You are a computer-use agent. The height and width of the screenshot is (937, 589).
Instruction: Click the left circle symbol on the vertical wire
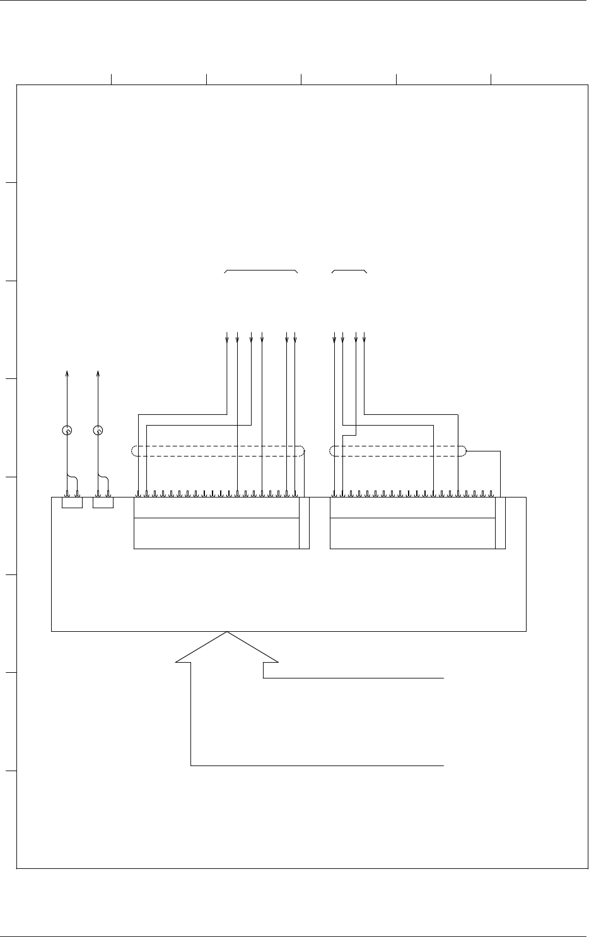(67, 431)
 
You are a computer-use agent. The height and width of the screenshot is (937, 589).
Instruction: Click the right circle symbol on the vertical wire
(98, 431)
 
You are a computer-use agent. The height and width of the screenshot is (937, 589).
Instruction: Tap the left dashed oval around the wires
(218, 451)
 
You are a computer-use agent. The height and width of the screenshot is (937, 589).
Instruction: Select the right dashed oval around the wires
(398, 451)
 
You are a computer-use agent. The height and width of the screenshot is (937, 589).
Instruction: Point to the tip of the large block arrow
(227, 632)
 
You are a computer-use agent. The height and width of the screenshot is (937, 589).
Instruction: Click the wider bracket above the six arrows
(261, 271)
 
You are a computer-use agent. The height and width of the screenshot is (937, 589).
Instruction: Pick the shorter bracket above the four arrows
(349, 271)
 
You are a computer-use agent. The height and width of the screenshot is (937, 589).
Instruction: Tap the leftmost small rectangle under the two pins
(72, 503)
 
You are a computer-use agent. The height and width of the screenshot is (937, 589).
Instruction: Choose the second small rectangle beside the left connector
(103, 503)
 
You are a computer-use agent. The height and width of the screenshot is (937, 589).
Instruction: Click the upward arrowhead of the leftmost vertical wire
(67, 375)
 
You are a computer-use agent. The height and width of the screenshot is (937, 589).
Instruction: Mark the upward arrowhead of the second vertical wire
(98, 375)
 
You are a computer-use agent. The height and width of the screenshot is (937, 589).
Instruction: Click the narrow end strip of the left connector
(305, 523)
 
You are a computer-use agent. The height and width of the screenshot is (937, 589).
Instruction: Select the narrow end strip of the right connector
(501, 523)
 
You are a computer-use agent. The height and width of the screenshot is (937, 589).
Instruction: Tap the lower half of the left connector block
(216, 533)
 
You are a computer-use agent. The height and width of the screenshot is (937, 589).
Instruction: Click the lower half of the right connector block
(412, 533)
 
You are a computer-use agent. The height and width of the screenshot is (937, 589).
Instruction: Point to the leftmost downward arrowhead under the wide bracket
(227, 340)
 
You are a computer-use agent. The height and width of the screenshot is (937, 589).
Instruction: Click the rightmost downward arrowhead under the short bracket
(364, 340)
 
